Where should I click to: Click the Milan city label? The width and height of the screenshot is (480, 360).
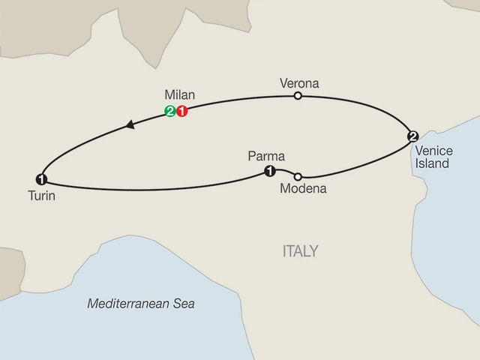coord(179,95)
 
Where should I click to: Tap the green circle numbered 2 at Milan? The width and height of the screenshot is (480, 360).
coord(170,112)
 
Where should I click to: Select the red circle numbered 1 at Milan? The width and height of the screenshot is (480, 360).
coord(181,112)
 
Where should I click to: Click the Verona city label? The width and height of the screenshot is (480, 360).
coord(298,83)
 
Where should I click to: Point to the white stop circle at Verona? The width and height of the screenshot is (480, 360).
coord(298,96)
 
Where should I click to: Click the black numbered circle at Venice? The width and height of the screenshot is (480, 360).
coord(412,136)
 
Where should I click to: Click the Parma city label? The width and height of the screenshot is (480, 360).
coord(264,158)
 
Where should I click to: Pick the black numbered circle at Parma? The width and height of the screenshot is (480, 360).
coord(268,172)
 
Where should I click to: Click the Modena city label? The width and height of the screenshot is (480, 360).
coord(302,190)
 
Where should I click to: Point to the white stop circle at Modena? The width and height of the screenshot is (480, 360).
coord(298,176)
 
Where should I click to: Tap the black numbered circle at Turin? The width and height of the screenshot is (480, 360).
coord(40,178)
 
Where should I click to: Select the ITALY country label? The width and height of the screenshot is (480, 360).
coord(301,250)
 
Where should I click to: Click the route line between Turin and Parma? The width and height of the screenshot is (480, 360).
coord(150,189)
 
